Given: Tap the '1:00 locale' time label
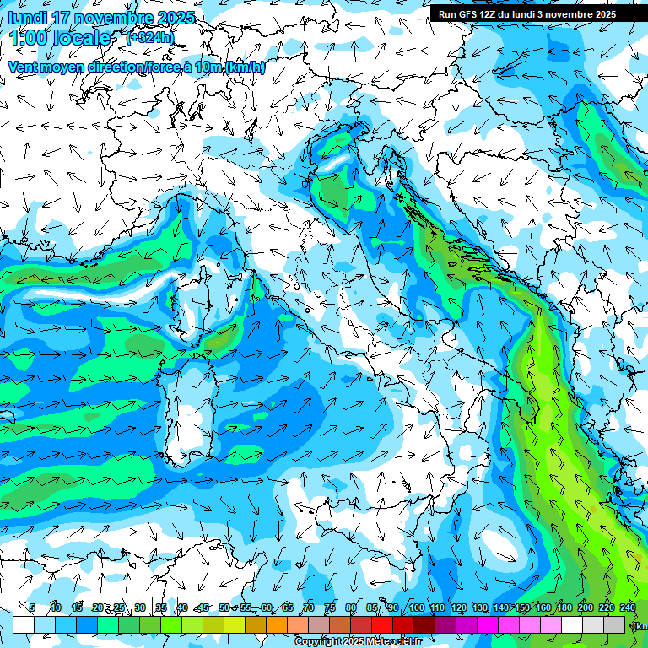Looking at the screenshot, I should [61, 38].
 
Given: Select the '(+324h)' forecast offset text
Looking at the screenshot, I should [150, 37].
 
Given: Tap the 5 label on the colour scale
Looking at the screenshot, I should [32, 607].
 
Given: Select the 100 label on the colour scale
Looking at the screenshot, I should [416, 607].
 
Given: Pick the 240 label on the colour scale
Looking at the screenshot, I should [628, 607].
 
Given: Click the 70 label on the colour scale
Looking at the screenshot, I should [309, 607].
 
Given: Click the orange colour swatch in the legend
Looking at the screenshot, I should [277, 624].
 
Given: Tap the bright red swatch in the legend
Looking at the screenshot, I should [382, 624].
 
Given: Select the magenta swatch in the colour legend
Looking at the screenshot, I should [488, 624].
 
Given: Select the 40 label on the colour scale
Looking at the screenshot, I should [182, 607].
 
